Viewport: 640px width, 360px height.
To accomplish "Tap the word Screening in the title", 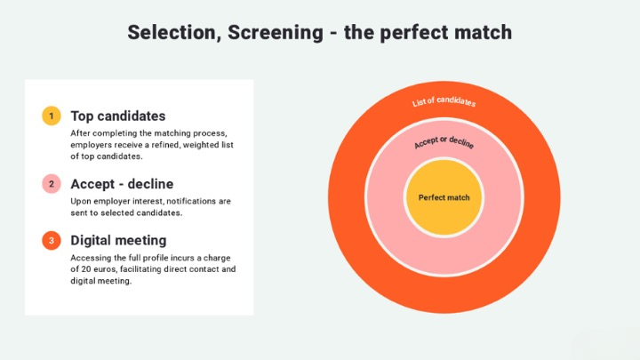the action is (276, 33).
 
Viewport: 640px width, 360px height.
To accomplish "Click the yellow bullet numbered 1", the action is (52, 116).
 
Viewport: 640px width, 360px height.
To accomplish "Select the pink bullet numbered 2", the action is (52, 184).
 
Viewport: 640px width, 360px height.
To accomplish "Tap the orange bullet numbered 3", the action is (52, 240).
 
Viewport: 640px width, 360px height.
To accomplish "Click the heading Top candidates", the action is (118, 116).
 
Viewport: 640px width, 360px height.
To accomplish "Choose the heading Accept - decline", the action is (122, 184).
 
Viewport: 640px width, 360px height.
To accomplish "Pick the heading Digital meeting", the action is (118, 240).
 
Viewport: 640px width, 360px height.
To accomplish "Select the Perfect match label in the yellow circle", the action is (444, 197).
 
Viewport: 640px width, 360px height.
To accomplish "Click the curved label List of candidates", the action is (444, 101).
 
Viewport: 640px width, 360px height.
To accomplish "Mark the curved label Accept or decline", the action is (444, 142).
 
